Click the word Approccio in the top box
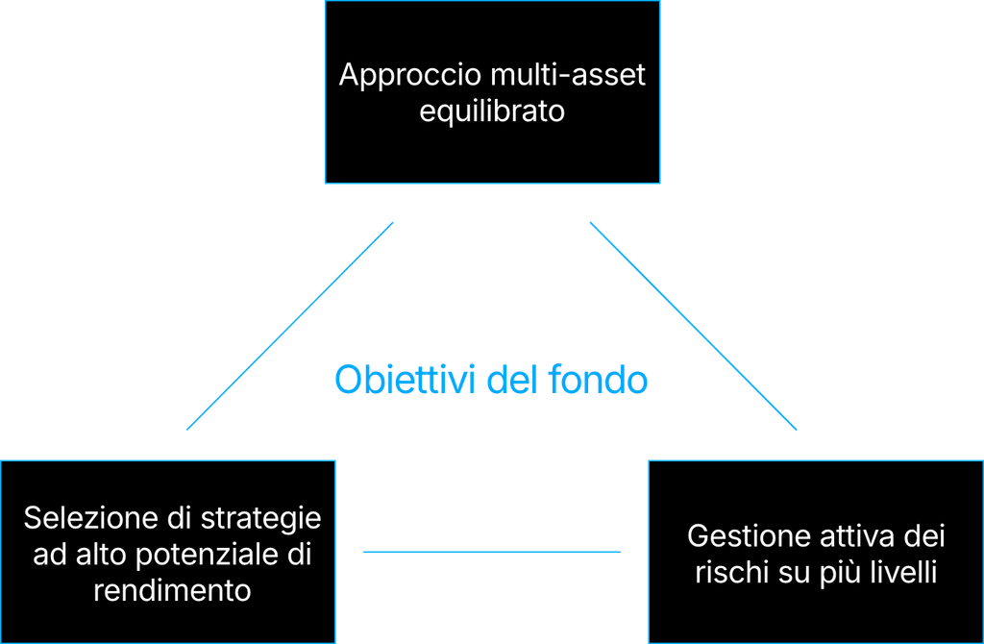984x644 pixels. [x=410, y=76]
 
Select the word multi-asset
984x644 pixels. [x=569, y=75]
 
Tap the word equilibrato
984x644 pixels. [x=492, y=111]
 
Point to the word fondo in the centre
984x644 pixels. [x=598, y=380]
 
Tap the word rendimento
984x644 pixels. [x=173, y=590]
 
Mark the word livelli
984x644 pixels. [x=904, y=573]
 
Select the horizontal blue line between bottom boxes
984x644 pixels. [x=492, y=553]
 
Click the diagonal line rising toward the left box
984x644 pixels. [x=290, y=326]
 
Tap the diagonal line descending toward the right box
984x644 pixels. [x=694, y=326]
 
